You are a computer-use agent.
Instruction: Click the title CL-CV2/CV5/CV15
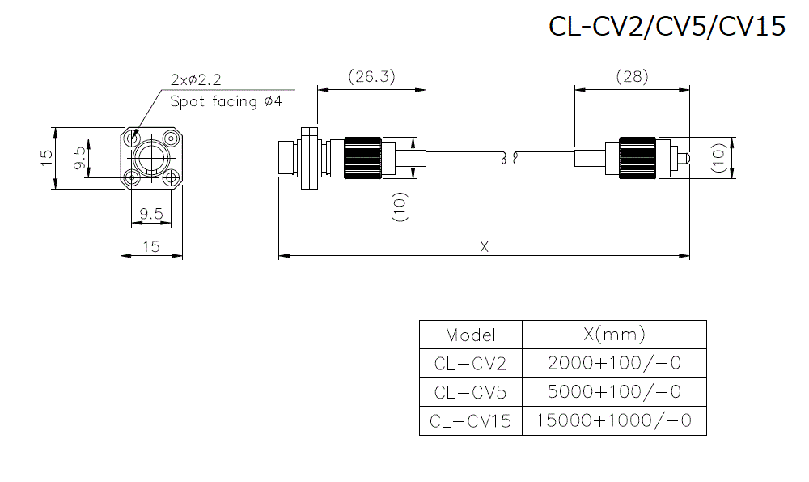coord(667,27)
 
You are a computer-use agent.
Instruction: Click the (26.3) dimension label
coord(371,77)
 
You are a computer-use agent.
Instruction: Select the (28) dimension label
coord(632,77)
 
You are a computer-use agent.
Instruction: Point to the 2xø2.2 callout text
coord(196,79)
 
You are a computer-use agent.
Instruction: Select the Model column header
coord(470,335)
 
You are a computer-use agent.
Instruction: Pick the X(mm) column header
coord(614,335)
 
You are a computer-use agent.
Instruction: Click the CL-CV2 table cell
coord(470,364)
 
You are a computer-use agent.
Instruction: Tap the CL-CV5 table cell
coord(470,393)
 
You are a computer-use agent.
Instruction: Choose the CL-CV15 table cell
coord(470,421)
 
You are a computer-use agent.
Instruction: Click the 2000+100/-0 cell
coord(614,363)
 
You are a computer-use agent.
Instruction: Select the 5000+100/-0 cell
coord(614,392)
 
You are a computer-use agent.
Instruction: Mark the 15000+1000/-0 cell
coord(614,421)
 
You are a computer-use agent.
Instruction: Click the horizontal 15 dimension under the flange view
coord(151,247)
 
